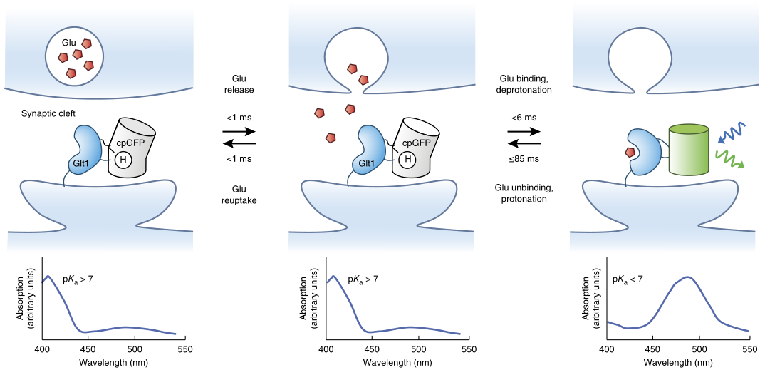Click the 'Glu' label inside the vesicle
tap(69, 43)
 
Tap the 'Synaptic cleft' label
tap(48, 113)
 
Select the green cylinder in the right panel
tap(688, 150)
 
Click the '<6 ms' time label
tap(522, 117)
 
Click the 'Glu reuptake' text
tap(237, 194)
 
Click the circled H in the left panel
tap(123, 159)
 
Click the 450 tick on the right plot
tap(653, 349)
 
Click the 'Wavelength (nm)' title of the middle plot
tap(397, 362)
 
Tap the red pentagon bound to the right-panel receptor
tap(630, 151)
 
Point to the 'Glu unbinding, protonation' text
tap(522, 193)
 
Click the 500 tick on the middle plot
tap(419, 349)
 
